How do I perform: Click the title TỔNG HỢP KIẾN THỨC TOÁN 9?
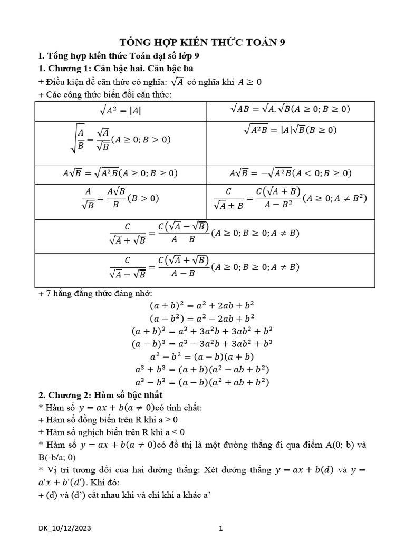coord(202,42)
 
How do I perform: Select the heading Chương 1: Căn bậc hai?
coord(122,69)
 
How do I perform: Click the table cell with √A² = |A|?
coord(120,111)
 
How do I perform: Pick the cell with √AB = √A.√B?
coord(290,109)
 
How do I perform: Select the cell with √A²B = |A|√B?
coord(290,130)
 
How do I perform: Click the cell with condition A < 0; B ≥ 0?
coord(291,173)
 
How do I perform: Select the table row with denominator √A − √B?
coord(205,267)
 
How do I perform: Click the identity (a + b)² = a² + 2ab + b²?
coord(202,305)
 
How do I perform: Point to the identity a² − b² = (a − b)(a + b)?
coord(202,356)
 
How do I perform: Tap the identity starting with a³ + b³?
coord(202,369)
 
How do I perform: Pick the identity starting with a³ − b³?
coord(202,382)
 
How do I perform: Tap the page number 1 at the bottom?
coord(221,527)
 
